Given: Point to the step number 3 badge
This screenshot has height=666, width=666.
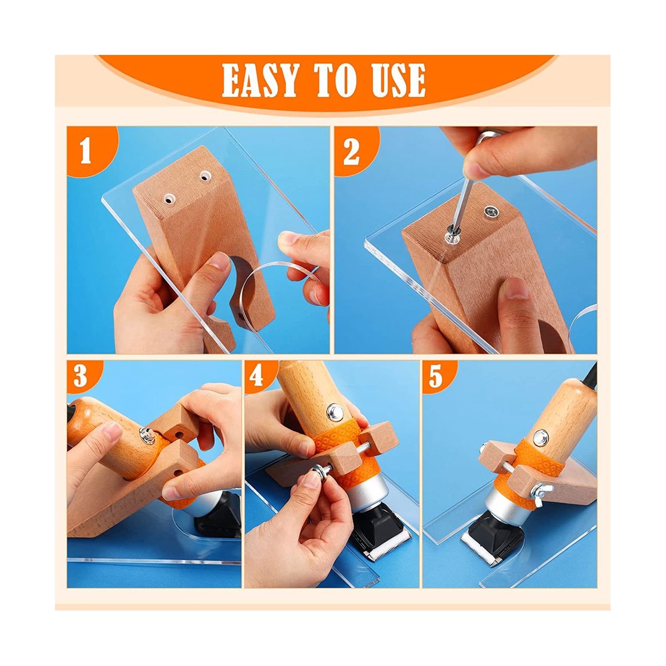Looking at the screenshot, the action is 80,375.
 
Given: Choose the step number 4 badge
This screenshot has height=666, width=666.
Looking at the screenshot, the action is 256,375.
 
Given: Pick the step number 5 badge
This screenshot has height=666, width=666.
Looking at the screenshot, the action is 435,375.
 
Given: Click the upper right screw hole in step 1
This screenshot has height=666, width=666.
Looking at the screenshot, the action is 206,178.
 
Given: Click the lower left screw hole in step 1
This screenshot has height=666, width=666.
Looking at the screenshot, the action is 169,199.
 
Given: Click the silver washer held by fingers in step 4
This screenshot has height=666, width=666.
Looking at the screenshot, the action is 320,471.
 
